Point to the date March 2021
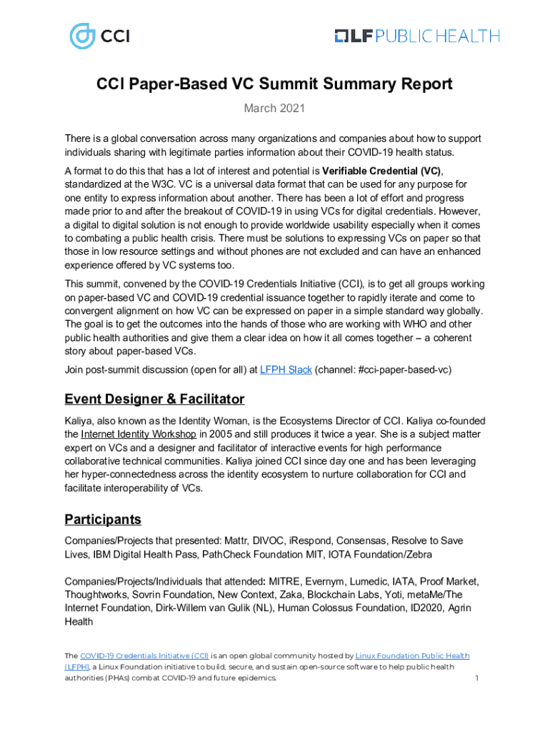pos(275,109)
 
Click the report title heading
pos(275,84)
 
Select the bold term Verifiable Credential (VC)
pos(381,171)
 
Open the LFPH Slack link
pos(286,370)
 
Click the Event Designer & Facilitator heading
pos(154,399)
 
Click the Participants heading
pos(103,519)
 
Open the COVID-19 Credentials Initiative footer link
pos(145,655)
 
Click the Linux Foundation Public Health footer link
pos(412,655)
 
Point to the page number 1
pos(476,677)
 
